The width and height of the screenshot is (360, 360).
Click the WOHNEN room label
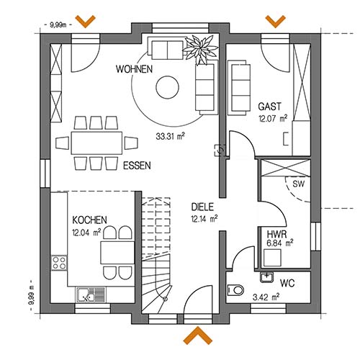click(x=134, y=69)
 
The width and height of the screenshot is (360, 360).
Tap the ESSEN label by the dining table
click(x=137, y=166)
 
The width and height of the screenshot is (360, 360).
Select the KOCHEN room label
click(x=89, y=220)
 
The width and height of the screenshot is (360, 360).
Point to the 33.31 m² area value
click(x=170, y=136)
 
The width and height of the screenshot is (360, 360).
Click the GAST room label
click(x=269, y=107)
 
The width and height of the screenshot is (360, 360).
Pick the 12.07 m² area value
click(x=273, y=118)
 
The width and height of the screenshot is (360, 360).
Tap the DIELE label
click(x=202, y=207)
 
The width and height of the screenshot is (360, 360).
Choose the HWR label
click(x=276, y=234)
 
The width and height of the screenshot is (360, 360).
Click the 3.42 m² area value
click(x=266, y=297)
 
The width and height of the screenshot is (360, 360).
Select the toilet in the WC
click(x=235, y=290)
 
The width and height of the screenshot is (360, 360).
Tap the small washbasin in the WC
click(x=266, y=277)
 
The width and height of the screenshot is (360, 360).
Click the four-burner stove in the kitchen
click(x=59, y=263)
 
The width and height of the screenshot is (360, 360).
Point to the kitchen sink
click(x=91, y=294)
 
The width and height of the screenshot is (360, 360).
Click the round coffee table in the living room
click(x=168, y=87)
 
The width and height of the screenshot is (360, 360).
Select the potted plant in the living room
click(x=200, y=49)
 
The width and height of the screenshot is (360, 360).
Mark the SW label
click(x=298, y=184)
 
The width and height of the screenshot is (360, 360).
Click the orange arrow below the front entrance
click(x=198, y=335)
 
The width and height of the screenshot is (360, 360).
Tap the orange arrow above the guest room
click(x=276, y=21)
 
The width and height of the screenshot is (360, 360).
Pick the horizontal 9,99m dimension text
click(x=58, y=24)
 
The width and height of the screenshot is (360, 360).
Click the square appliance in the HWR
click(x=272, y=258)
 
